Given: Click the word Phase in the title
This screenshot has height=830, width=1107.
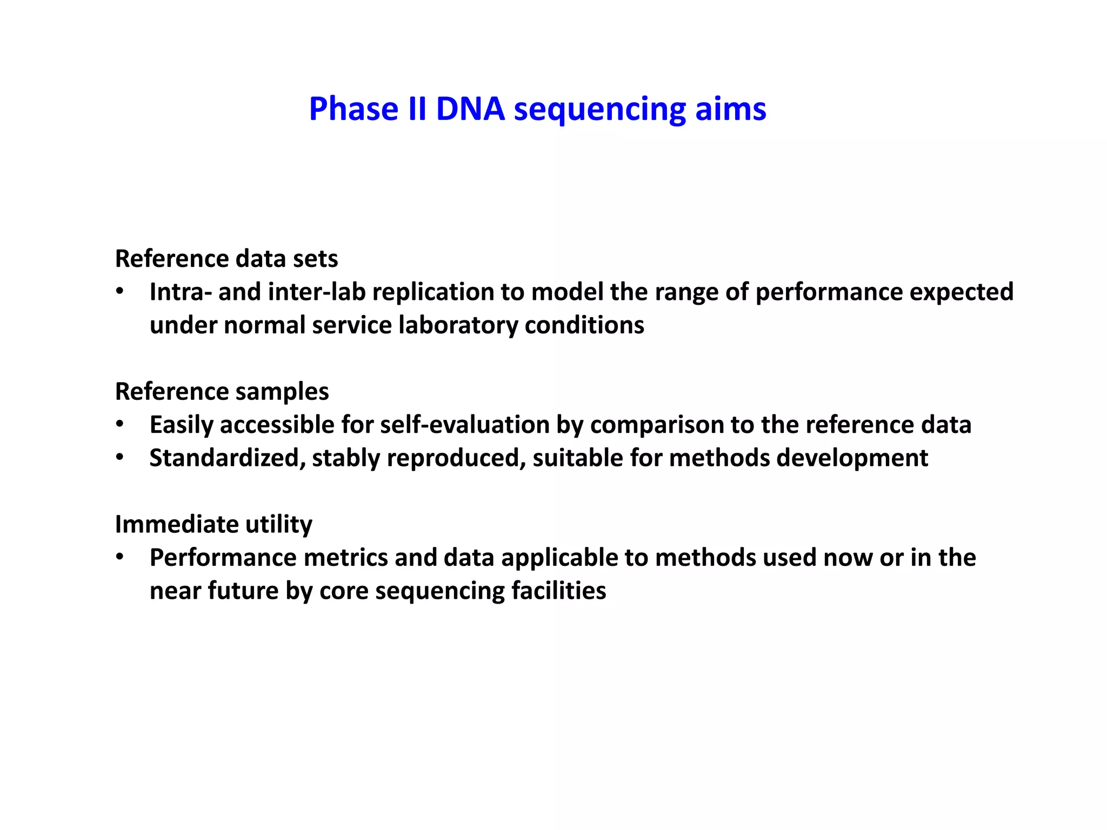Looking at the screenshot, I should [354, 109].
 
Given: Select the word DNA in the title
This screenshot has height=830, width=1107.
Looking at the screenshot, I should [470, 109].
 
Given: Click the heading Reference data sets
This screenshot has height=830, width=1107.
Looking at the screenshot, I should [226, 259].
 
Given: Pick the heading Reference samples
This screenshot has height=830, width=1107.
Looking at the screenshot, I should [222, 391].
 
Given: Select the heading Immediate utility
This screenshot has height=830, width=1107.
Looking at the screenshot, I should [214, 524].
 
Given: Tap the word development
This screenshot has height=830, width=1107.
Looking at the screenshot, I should [852, 458].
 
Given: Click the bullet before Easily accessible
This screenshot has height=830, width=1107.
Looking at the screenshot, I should [120, 425].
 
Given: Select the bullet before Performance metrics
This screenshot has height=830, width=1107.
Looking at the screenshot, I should [120, 558].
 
